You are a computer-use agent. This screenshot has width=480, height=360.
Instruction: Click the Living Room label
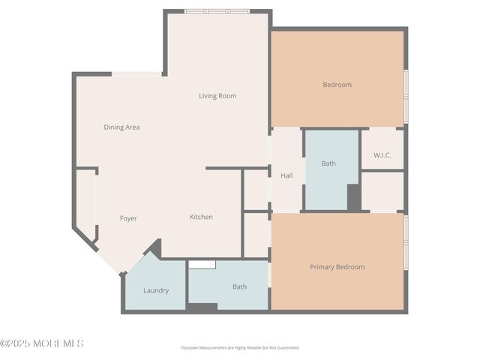click(x=217, y=96)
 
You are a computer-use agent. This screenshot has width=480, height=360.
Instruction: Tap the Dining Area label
click(x=121, y=127)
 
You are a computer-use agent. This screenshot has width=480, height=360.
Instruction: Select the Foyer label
click(x=128, y=218)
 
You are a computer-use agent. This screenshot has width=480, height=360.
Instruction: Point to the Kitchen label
click(x=201, y=217)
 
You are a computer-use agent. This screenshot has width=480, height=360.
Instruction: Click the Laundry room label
click(x=156, y=290)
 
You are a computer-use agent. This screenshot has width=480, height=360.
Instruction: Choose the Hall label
click(x=286, y=176)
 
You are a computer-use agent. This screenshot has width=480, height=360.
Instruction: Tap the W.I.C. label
click(x=382, y=155)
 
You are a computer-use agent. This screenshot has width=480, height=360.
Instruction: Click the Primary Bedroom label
click(x=337, y=267)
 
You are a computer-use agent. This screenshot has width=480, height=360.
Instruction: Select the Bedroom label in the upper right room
click(x=337, y=85)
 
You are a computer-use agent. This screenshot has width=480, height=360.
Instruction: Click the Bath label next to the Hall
click(x=328, y=163)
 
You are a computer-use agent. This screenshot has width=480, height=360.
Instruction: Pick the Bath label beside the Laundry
click(x=239, y=286)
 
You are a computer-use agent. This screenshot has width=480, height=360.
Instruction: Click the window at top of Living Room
click(x=217, y=11)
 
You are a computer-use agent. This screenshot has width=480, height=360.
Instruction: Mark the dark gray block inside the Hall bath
click(x=353, y=196)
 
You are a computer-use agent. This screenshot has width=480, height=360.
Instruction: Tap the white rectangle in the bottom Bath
click(x=202, y=264)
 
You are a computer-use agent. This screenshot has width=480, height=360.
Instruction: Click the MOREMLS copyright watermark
click(x=42, y=343)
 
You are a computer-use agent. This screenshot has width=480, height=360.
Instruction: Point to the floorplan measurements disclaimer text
click(x=239, y=347)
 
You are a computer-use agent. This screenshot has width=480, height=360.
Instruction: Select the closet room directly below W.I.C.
click(x=382, y=191)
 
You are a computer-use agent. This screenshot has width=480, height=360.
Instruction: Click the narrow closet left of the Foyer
click(x=86, y=202)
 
